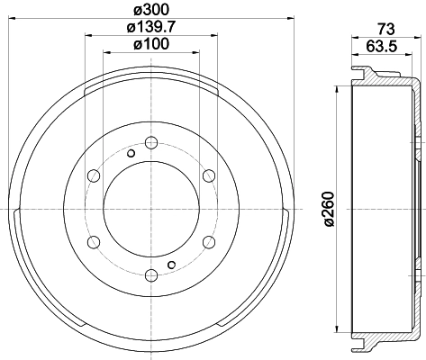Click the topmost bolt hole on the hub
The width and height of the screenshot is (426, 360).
(x=150, y=140)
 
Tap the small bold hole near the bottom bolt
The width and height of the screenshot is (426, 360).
(x=171, y=263)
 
